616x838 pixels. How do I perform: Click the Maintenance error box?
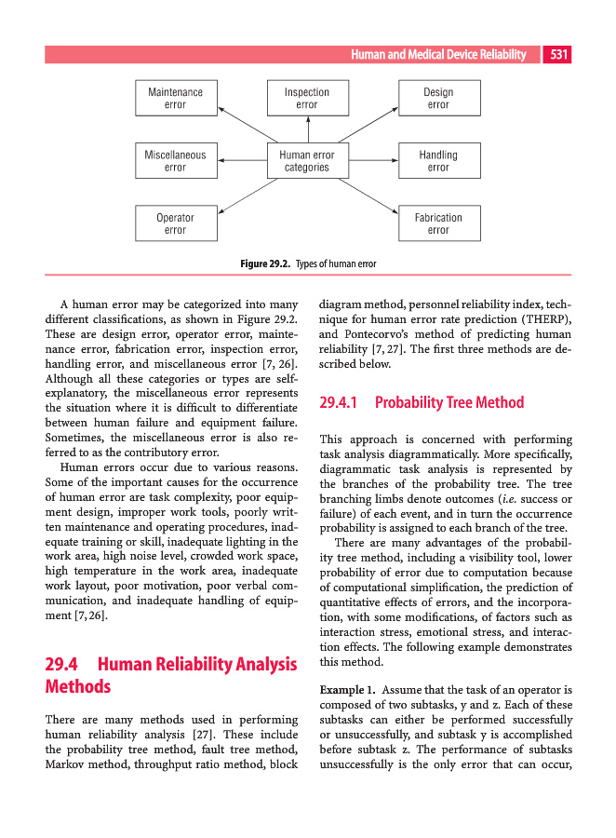pyautogui.click(x=175, y=99)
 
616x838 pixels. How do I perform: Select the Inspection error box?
pyautogui.click(x=307, y=99)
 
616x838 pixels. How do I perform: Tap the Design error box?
pyautogui.click(x=438, y=99)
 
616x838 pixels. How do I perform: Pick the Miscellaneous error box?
pyautogui.click(x=175, y=161)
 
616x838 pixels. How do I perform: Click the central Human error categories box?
pyautogui.click(x=307, y=161)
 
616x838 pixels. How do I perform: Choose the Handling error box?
pyautogui.click(x=438, y=161)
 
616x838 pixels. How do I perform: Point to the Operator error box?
pyautogui.click(x=175, y=223)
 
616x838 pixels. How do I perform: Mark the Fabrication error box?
pyautogui.click(x=438, y=223)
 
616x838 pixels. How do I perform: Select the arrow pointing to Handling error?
pyautogui.click(x=372, y=161)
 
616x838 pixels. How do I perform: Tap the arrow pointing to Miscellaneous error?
pyautogui.click(x=241, y=161)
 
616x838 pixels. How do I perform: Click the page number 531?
pyautogui.click(x=558, y=55)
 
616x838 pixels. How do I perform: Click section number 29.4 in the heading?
pyautogui.click(x=61, y=664)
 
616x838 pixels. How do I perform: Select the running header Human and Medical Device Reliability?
pyautogui.click(x=445, y=55)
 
